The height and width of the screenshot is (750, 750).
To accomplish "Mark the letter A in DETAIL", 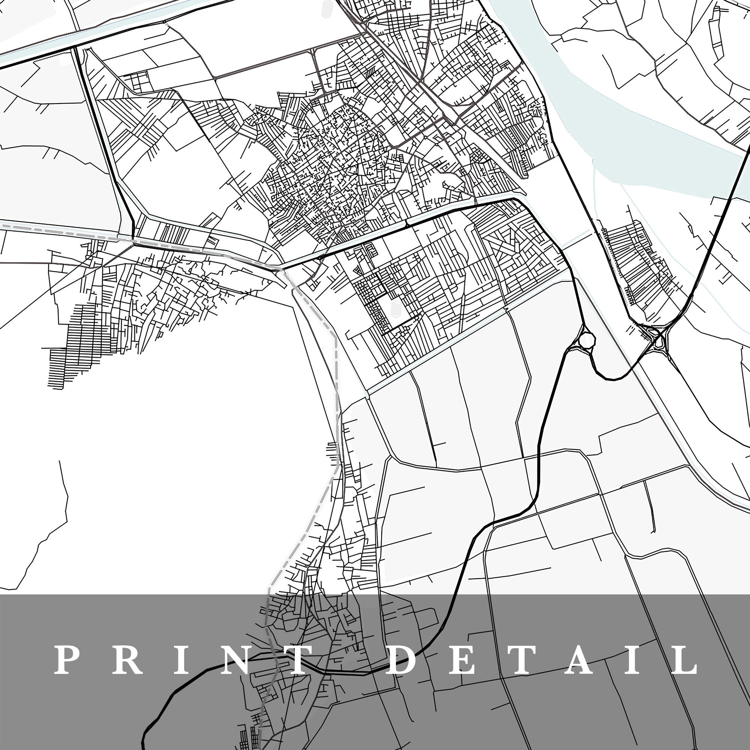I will [x=578, y=660].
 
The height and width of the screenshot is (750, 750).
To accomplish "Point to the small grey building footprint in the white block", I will [x=396, y=307].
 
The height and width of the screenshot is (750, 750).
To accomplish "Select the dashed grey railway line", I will [x=336, y=388].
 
